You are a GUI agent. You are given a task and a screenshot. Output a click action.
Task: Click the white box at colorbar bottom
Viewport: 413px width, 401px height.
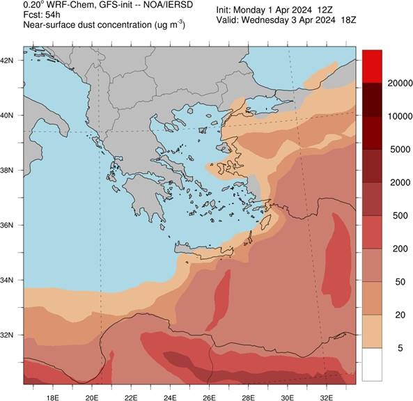coord(373,364)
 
